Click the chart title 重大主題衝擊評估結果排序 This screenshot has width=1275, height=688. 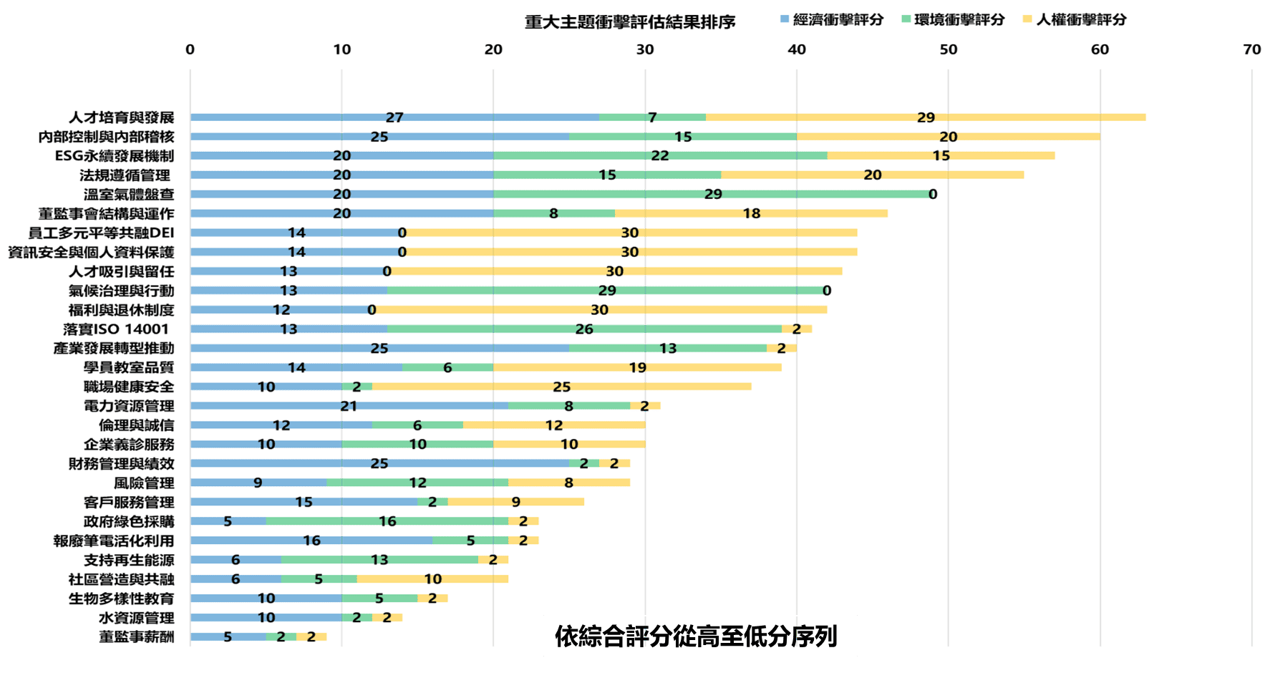pos(630,22)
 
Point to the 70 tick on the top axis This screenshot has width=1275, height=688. pos(1251,49)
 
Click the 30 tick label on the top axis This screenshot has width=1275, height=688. pos(645,49)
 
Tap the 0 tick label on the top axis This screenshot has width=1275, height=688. pos(190,49)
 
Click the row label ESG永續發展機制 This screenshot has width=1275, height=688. pos(115,156)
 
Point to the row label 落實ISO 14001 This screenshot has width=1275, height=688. pos(116,329)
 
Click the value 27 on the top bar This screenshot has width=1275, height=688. pos(394,117)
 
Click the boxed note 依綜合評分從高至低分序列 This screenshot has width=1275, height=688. pos(699,636)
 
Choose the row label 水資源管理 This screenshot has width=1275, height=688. pos(136,618)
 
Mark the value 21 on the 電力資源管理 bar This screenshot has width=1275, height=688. pos(349,407)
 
